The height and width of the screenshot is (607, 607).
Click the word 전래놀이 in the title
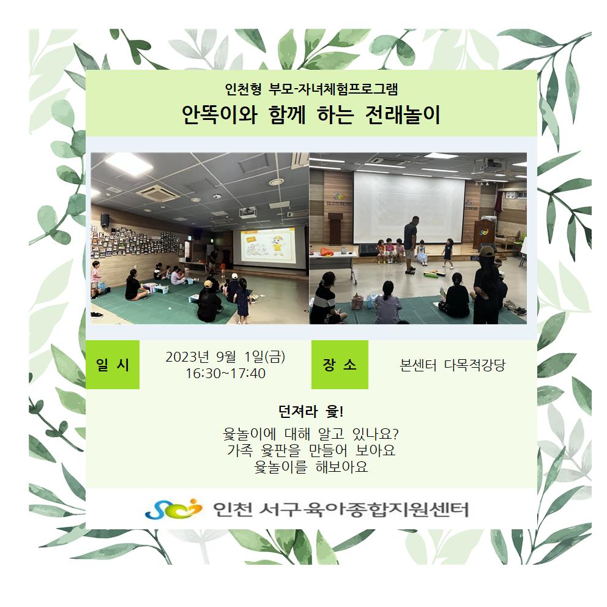point(403,114)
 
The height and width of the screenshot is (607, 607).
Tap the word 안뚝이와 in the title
point(220,114)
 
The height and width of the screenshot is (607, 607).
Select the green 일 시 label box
point(112,364)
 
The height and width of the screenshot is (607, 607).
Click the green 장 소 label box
point(340,364)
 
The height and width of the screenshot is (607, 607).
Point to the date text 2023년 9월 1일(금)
point(225,357)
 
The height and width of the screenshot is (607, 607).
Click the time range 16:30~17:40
point(225,374)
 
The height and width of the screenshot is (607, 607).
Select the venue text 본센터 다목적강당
point(453,365)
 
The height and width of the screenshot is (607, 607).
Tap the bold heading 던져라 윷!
point(310,412)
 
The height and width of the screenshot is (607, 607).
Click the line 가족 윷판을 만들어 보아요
point(311,450)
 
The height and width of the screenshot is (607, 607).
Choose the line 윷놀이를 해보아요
point(311,467)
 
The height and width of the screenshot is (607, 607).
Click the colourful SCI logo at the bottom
point(173,508)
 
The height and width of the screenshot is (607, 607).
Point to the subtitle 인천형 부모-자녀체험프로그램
point(311,89)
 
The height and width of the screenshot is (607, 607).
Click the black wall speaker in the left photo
point(105,220)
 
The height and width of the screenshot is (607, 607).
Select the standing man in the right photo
point(411,245)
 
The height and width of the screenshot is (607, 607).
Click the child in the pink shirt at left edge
point(95,278)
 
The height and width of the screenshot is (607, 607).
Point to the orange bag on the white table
point(327,252)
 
